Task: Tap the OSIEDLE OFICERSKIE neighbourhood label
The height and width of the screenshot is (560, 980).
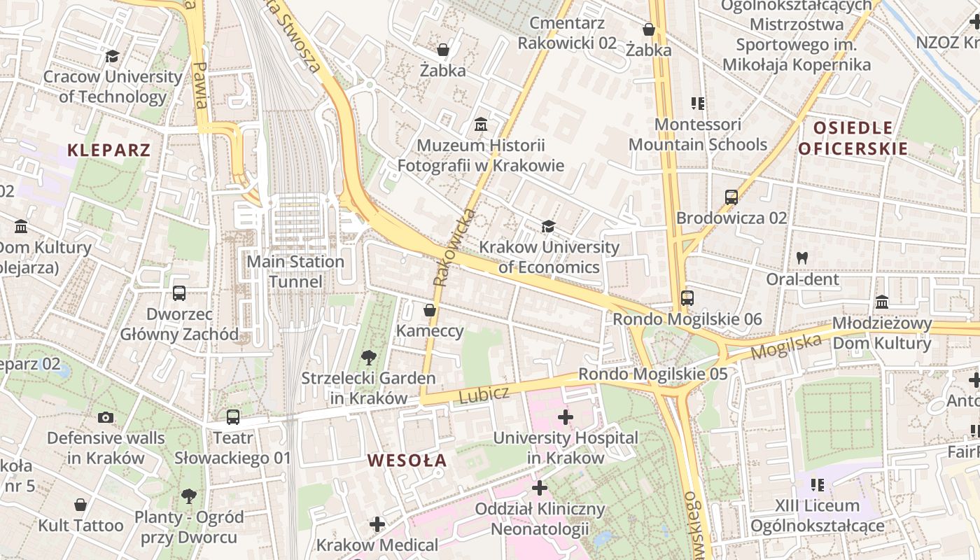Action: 853,138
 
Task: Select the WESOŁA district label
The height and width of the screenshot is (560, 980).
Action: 407,461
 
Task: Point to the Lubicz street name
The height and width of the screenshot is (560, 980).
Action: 484,394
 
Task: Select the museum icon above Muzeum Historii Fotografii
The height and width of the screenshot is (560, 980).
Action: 480,125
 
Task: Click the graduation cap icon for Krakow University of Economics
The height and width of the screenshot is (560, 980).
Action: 548,226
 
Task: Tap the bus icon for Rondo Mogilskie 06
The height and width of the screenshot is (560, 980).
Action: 687,298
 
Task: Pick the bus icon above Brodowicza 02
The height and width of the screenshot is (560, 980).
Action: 731,197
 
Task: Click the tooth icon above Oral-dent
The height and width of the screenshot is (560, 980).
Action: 802,258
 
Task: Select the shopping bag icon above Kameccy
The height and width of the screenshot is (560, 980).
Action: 430,309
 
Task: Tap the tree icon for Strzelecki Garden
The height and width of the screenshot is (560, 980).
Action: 368,358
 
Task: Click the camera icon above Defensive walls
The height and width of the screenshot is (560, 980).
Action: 106,417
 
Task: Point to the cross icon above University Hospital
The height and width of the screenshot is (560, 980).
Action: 565,418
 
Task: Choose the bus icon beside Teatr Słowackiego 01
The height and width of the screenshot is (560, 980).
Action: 233,417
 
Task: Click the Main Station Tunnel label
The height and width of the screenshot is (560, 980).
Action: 297,272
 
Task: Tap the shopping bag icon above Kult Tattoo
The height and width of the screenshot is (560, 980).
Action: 80,505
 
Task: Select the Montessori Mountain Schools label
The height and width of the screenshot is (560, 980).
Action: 697,134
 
